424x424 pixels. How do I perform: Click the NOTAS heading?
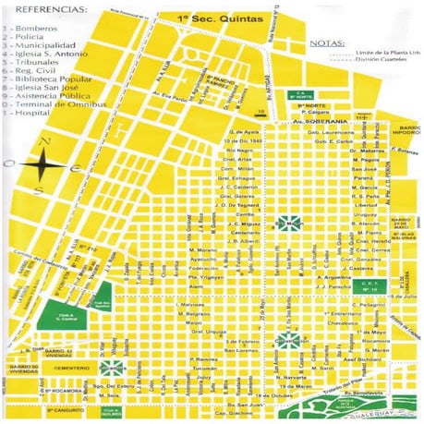326,42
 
